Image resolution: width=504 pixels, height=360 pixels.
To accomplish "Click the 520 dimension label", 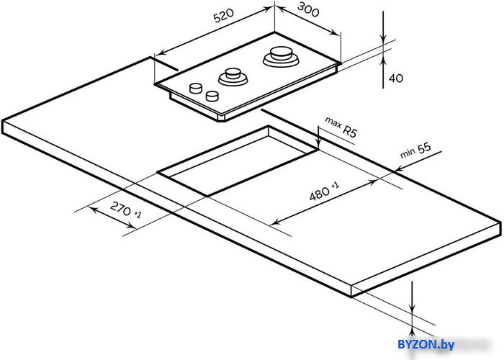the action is pos(224,16).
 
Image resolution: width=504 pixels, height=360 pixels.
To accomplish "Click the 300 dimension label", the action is pos(308,9).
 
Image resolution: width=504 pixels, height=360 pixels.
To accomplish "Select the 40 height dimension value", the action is pos(396,78).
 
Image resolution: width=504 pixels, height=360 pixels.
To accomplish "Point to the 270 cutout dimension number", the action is pos(120,209).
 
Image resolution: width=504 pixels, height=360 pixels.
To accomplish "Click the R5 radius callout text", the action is pos(350,131).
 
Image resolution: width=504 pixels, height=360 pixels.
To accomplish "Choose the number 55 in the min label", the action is pos(424,148).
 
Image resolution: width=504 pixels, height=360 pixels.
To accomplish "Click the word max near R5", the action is pos(333,122).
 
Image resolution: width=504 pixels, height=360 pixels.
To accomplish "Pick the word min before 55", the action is pos(408,153).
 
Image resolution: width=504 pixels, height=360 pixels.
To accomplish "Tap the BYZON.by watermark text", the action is pos(426,344).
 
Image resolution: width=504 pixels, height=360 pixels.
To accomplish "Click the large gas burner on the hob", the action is pos(281,57).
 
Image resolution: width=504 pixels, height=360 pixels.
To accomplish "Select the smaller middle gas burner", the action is pos(233,77).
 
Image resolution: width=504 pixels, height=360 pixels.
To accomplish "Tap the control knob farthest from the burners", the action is pos(196,88).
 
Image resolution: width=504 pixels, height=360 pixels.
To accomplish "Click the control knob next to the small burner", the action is pos(212,96).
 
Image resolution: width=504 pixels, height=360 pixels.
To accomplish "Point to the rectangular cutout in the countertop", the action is pos(238,161).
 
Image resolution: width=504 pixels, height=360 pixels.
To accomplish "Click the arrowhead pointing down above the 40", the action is pos(383,38).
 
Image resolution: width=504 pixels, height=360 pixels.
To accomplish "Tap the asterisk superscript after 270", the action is pos(138,214).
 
